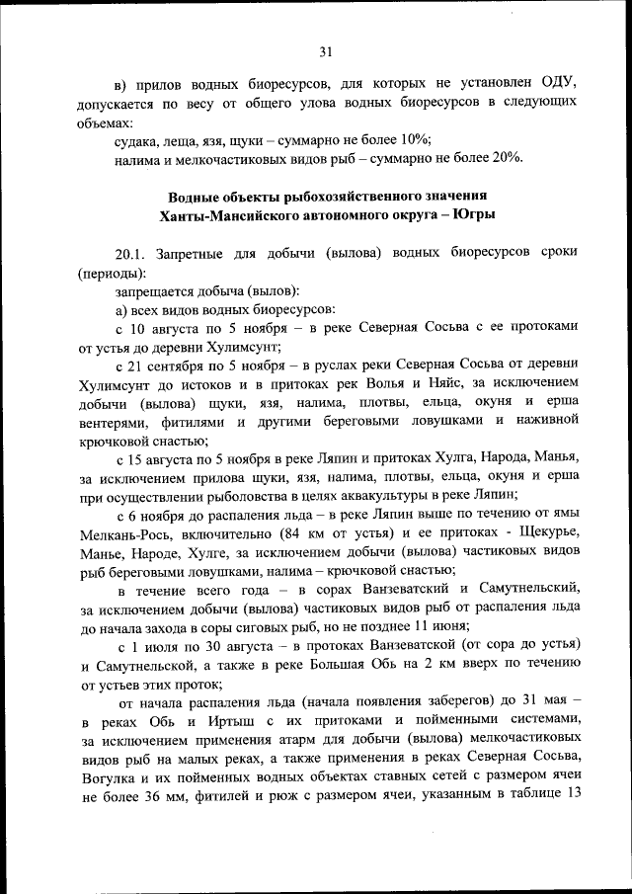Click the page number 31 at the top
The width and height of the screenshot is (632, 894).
pyautogui.click(x=326, y=52)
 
